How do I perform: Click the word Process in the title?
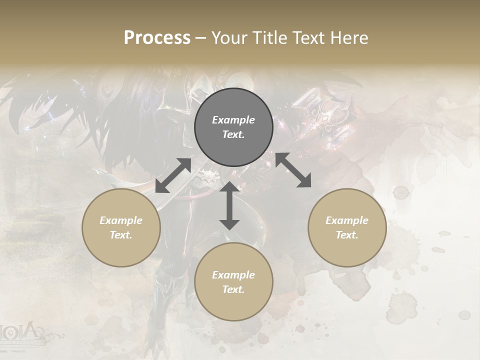pos(157,38)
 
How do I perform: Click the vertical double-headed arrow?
pos(229,205)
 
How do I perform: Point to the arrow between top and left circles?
pos(173,175)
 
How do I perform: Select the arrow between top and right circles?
pos(293,170)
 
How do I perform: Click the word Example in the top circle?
pos(233,120)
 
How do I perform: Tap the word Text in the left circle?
pos(121,235)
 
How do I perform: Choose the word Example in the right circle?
pos(347,220)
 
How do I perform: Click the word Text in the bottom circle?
pos(233,289)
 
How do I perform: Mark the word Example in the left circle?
pos(121,220)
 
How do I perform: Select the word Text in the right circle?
pos(347,235)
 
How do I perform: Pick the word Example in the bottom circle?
pos(233,275)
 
